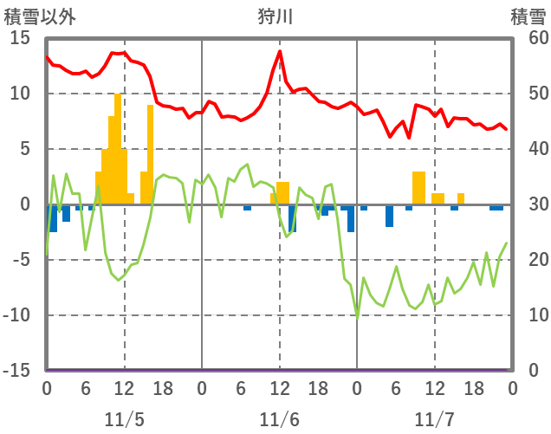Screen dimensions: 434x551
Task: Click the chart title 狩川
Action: [275, 16]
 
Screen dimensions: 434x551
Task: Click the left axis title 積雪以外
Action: [40, 16]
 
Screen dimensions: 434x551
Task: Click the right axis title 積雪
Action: [527, 16]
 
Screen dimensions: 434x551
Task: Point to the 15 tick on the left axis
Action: [20, 38]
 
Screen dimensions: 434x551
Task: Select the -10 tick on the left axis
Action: [16, 315]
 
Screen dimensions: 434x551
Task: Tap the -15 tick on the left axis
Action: [16, 371]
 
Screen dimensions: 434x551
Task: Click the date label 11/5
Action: [124, 418]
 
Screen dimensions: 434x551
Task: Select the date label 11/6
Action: [279, 418]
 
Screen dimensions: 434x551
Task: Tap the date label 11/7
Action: [434, 418]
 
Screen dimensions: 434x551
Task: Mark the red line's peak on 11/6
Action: [280, 51]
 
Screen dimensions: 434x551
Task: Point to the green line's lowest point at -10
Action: [357, 316]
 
